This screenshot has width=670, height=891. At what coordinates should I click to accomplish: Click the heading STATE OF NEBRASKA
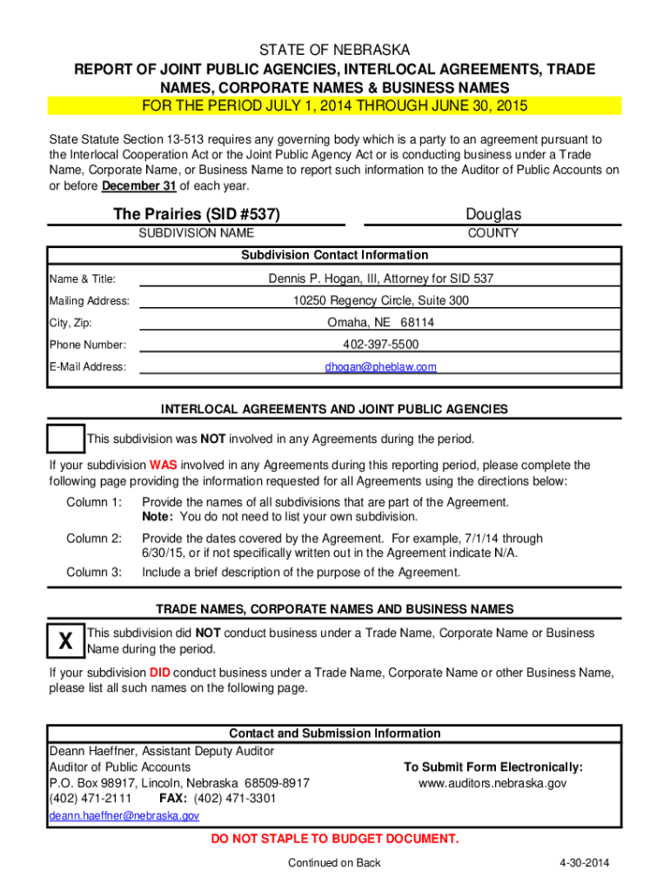pyautogui.click(x=335, y=50)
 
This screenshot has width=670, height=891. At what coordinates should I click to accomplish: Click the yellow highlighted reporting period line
pyautogui.click(x=335, y=106)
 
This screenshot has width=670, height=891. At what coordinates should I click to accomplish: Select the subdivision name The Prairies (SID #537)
pyautogui.click(x=197, y=214)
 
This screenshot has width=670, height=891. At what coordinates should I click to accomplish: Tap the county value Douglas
pyautogui.click(x=493, y=214)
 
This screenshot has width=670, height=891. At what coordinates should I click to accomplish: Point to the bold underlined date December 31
pyautogui.click(x=139, y=186)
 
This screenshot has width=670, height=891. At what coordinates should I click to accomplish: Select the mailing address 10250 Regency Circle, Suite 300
pyautogui.click(x=381, y=301)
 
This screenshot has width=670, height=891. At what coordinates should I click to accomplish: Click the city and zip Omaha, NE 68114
pyautogui.click(x=381, y=323)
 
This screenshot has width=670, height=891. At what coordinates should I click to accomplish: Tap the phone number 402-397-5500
pyautogui.click(x=381, y=345)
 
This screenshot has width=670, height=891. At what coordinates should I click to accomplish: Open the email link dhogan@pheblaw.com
pyautogui.click(x=381, y=367)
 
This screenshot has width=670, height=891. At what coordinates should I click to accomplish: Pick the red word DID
pyautogui.click(x=159, y=673)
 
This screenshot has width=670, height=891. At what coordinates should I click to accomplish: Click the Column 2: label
pyautogui.click(x=94, y=539)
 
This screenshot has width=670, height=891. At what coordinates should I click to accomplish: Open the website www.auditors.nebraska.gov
pyautogui.click(x=492, y=783)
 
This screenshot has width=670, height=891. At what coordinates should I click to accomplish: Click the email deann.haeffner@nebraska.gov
pyautogui.click(x=124, y=816)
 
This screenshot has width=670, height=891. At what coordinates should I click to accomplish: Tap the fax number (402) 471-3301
pyautogui.click(x=235, y=799)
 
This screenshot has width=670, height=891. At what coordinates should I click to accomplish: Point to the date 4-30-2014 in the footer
pyautogui.click(x=584, y=863)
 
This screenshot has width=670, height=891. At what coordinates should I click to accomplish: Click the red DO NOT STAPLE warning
pyautogui.click(x=335, y=840)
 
